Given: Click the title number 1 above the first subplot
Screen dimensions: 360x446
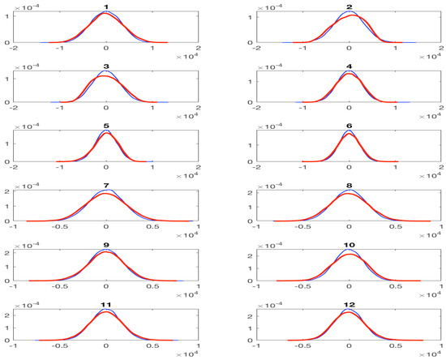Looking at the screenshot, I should click(107, 6).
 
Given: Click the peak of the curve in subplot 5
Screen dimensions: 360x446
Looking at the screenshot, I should click(107, 133).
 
